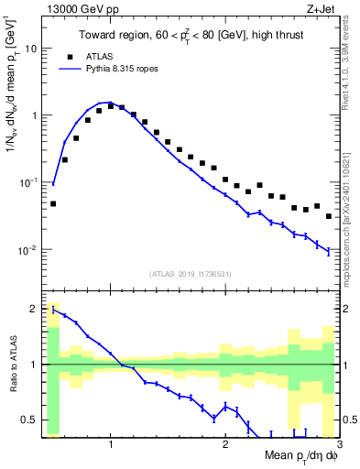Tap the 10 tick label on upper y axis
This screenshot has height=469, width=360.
(29, 49)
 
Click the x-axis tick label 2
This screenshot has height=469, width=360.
(225, 446)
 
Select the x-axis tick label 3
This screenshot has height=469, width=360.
(339, 446)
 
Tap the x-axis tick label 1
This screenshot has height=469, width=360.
(111, 446)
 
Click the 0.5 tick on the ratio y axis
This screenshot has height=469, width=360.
(27, 420)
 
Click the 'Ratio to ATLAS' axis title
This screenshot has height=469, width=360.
(12, 364)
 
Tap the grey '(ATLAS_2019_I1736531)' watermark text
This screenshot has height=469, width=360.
(190, 274)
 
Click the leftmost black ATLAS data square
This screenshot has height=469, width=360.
(53, 203)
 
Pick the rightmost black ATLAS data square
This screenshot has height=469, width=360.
(329, 216)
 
